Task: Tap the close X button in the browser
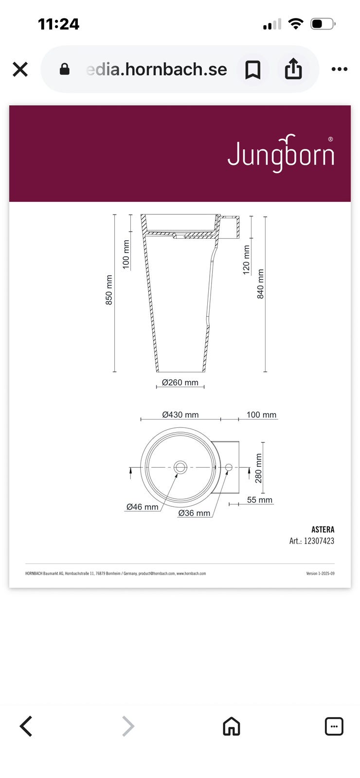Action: click(20, 69)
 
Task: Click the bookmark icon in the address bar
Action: click(252, 70)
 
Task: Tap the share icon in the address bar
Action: click(293, 69)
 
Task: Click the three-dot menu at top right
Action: click(340, 69)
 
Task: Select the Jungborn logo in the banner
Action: click(281, 153)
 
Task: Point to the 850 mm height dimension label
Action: click(109, 290)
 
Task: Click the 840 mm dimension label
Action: click(260, 284)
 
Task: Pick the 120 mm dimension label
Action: click(246, 260)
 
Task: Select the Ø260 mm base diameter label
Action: click(180, 382)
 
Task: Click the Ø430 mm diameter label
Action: click(180, 415)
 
